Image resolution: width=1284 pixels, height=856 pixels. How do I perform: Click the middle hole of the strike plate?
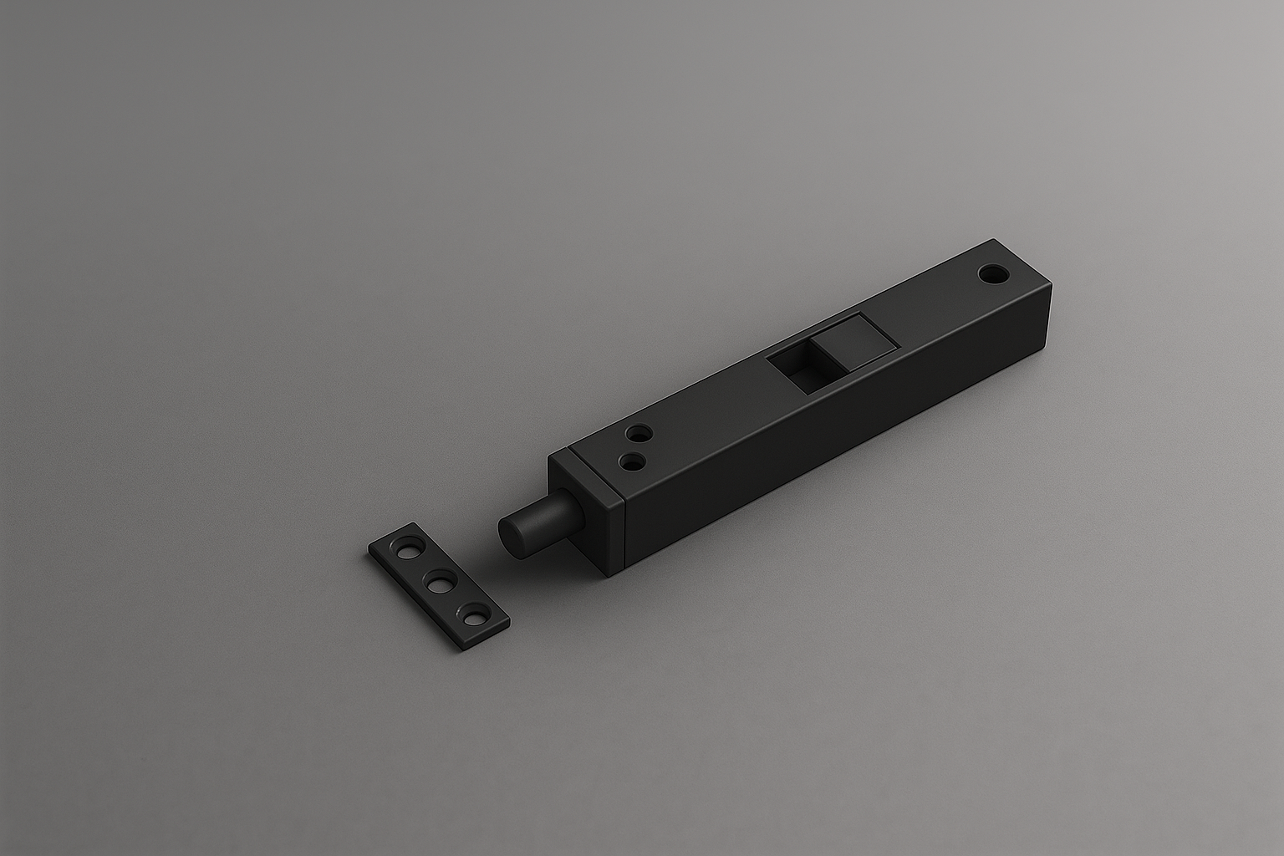(x=439, y=582)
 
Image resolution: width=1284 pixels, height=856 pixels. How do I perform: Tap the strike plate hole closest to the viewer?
(x=475, y=618)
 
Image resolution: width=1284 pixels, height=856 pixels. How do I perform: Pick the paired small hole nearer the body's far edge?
(x=639, y=434)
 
